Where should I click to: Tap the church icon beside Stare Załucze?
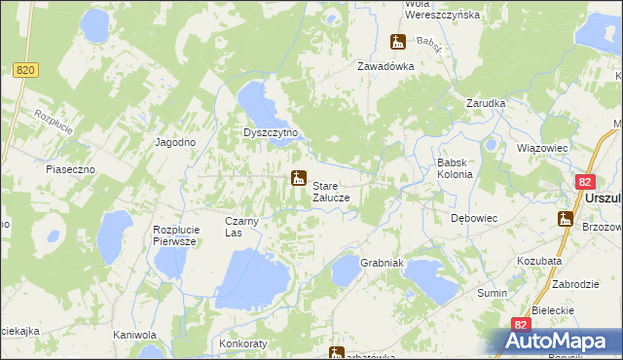298,179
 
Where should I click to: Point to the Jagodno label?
176,142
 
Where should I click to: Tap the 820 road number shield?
26,70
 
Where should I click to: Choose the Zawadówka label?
385,66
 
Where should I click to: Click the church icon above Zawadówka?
398,42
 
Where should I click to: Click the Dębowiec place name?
474,219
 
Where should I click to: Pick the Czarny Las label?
240,227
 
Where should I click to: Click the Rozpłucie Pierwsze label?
176,235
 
